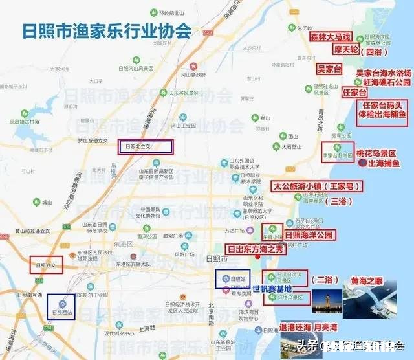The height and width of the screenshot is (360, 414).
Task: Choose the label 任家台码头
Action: pyautogui.click(x=383, y=106)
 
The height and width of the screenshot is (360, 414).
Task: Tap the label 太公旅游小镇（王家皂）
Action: pyautogui.click(x=316, y=186)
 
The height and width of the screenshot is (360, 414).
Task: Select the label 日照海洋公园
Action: pyautogui.click(x=309, y=235)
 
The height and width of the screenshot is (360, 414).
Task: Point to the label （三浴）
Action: pyautogui.click(x=338, y=201)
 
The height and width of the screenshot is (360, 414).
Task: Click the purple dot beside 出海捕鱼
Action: pyautogui.click(x=360, y=164)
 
